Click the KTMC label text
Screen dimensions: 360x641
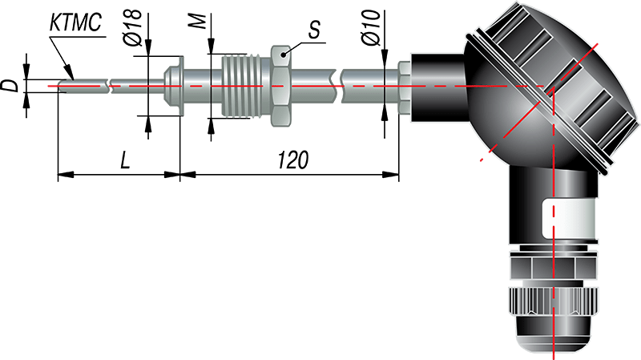pos(76,23)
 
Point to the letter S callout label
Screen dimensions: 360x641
pos(314,29)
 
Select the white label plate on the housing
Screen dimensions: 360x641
pos(570,219)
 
